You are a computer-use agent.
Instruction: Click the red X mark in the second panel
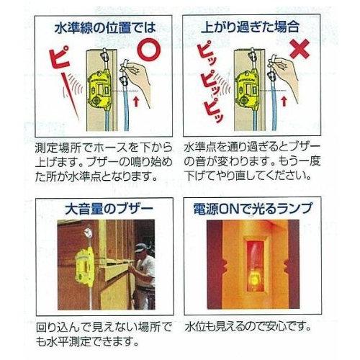(300, 49)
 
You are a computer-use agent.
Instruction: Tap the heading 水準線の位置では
(105, 28)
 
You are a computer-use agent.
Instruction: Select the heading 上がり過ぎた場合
(250, 27)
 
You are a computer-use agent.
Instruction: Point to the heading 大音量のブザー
(109, 209)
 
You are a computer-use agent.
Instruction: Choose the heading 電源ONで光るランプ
(253, 208)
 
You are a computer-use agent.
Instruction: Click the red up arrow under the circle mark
(136, 101)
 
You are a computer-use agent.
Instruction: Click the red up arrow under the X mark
(284, 101)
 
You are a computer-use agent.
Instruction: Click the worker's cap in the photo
(140, 248)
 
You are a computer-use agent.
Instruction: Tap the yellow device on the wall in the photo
(85, 269)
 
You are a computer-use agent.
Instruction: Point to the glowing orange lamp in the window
(254, 279)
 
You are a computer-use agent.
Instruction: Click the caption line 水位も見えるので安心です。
(248, 326)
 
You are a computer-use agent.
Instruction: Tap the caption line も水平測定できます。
(88, 341)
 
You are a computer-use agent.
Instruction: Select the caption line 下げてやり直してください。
(248, 176)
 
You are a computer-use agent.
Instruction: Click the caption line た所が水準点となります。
(96, 177)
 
